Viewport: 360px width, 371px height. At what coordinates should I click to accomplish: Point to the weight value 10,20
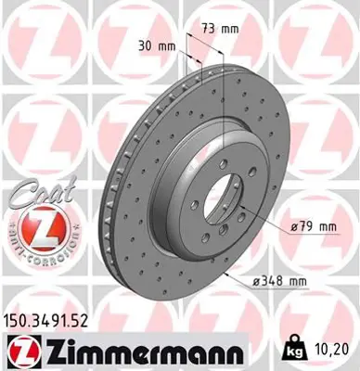[337, 349]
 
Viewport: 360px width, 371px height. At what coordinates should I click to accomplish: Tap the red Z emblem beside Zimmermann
[19, 350]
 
